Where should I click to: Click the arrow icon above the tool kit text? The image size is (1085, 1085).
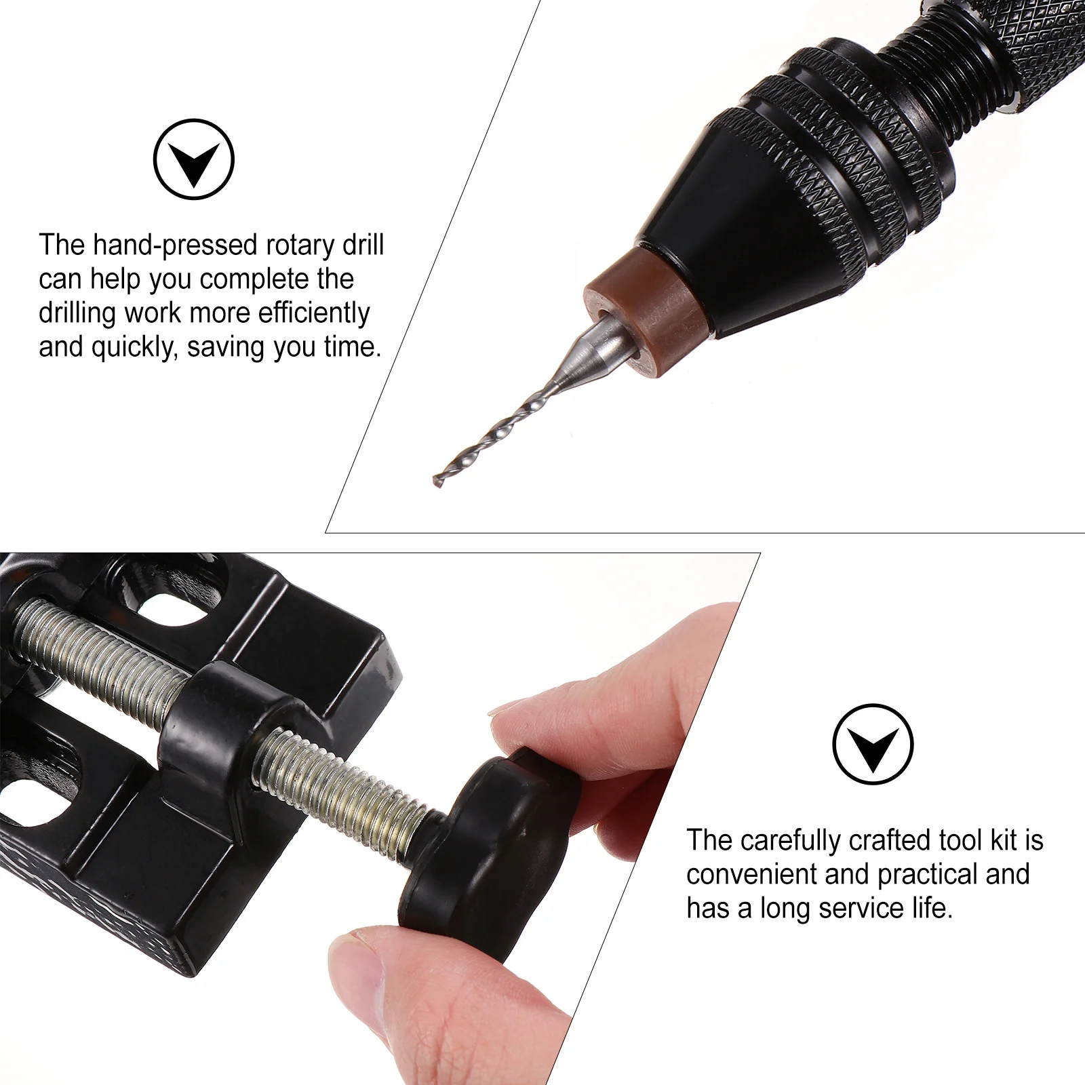pyautogui.click(x=873, y=744)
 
